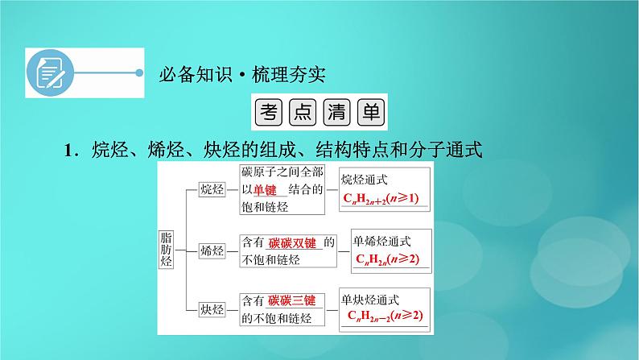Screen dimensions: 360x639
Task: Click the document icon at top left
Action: pos(47,72)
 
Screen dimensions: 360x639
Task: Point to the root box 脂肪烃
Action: pos(167,247)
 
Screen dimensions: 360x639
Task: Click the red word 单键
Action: pos(266,190)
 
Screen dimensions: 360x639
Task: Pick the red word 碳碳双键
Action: pos(295,242)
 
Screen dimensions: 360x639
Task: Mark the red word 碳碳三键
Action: pos(293,301)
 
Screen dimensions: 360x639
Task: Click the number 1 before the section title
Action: pos(69,150)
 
